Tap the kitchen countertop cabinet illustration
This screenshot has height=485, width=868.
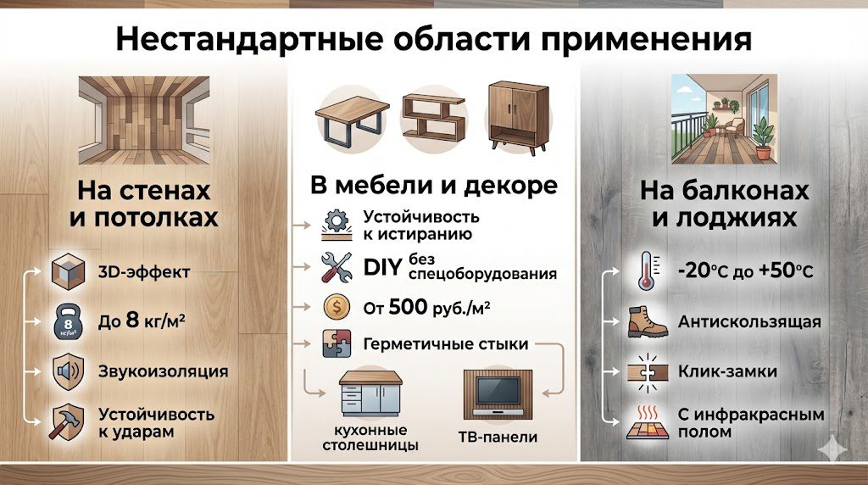click(370, 395)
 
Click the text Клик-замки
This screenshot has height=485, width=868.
click(727, 372)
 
